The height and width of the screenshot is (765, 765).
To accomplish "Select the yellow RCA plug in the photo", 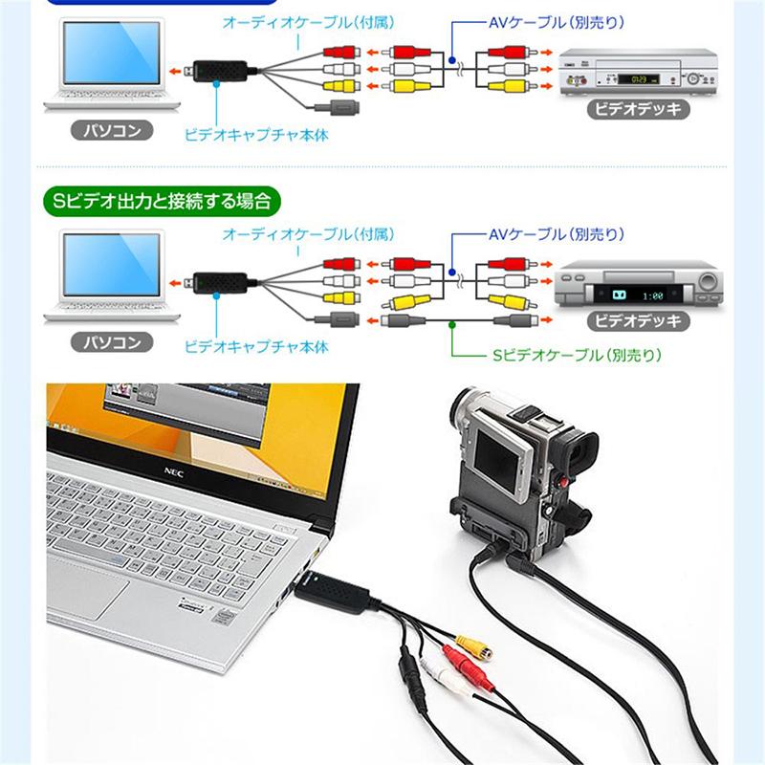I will pos(473,646).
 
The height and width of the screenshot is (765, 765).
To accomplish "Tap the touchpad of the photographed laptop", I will pos(87,585).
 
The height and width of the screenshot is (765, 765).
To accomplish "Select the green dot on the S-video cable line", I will pos(451,323).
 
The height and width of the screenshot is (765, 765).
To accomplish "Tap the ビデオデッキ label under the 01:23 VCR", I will pos(638,108).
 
